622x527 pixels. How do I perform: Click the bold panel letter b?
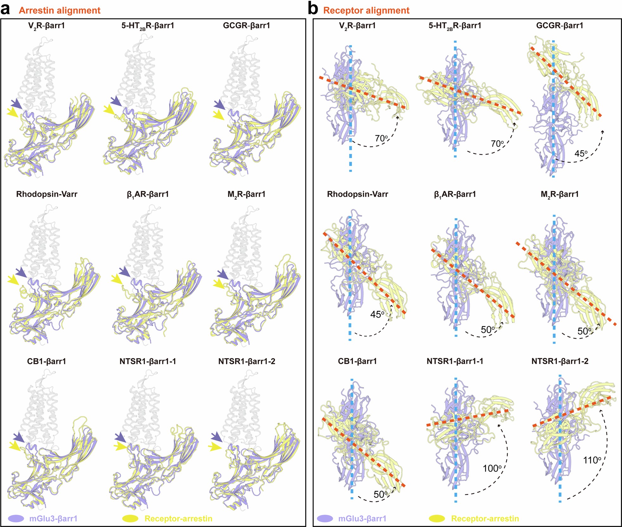tap(313, 10)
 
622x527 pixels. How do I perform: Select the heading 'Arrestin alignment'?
tap(60, 10)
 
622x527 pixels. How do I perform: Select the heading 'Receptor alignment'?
tap(366, 10)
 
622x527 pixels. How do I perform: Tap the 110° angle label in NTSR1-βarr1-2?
tap(592, 460)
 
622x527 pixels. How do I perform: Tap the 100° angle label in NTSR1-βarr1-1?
tap(492, 468)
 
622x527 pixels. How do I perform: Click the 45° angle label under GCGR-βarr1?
tap(581, 154)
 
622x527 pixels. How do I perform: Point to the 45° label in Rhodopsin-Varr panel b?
tap(377, 314)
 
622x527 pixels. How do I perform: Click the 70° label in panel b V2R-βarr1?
tap(381, 138)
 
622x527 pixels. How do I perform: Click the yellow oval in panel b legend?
tap(437, 519)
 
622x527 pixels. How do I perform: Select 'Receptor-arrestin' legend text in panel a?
tap(178, 519)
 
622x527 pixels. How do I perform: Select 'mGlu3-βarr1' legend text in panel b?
tap(362, 519)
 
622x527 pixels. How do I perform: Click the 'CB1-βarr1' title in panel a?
tap(47, 361)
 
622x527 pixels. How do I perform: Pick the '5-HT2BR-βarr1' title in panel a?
tap(148, 26)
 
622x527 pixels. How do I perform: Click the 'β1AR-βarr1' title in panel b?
tap(455, 194)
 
